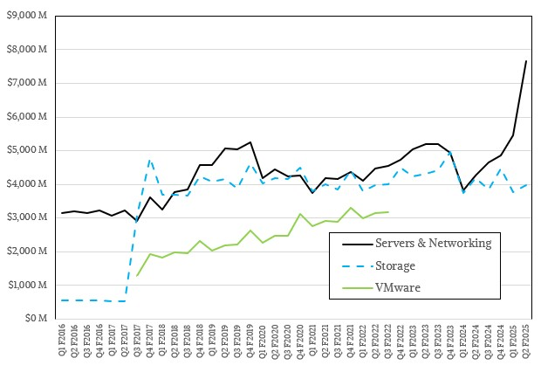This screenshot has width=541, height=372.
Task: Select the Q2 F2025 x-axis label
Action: click(x=527, y=341)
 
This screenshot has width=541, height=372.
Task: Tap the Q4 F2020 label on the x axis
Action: click(x=301, y=341)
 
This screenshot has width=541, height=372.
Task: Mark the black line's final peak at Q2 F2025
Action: click(x=526, y=60)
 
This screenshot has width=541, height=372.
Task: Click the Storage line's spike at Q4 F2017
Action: click(x=150, y=160)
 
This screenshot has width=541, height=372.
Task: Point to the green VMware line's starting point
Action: click(x=137, y=275)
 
